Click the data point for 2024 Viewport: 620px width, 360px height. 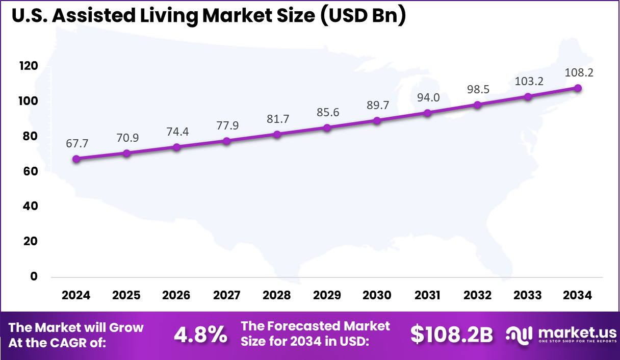coord(76,159)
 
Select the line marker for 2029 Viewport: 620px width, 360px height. coord(327,127)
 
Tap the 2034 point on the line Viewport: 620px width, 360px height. coord(578,88)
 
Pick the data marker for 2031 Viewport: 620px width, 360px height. coord(428,113)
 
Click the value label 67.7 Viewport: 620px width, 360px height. coord(76,144)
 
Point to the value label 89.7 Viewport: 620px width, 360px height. coord(377,105)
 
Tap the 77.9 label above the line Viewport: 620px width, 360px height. coord(227,125)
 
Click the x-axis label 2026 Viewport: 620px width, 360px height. coord(177,296)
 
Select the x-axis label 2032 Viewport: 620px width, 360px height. coord(478,296)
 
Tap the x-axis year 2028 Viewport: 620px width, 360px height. coord(277,296)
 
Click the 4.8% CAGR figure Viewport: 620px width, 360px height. coord(200,335)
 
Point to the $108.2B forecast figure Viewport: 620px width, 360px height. coord(452,335)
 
